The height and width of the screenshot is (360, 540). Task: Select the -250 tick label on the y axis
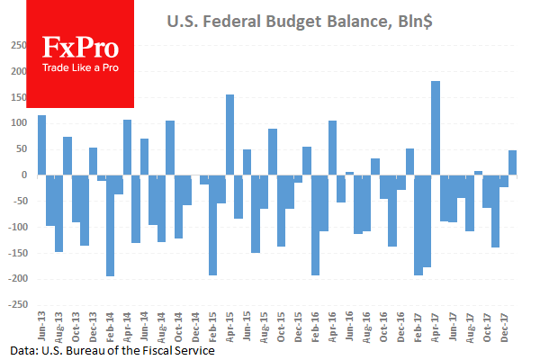16,304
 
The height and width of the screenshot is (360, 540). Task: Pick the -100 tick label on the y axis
16,227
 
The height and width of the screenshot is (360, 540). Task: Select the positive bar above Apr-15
230,134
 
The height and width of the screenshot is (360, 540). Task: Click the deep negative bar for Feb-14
111,225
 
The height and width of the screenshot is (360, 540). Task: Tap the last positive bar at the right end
513,162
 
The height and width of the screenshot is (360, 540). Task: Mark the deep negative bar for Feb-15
213,225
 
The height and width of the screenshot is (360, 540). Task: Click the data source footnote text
113,349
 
